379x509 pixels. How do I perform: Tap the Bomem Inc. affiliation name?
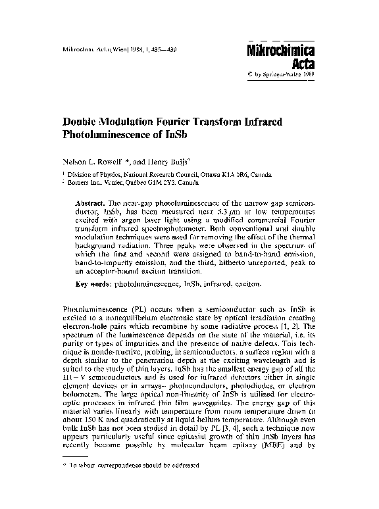coord(88,184)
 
